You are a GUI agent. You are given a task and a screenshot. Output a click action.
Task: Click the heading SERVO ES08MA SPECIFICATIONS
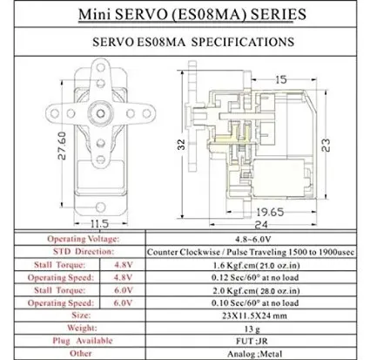(186, 41)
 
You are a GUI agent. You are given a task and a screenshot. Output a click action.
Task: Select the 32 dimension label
(180, 141)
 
